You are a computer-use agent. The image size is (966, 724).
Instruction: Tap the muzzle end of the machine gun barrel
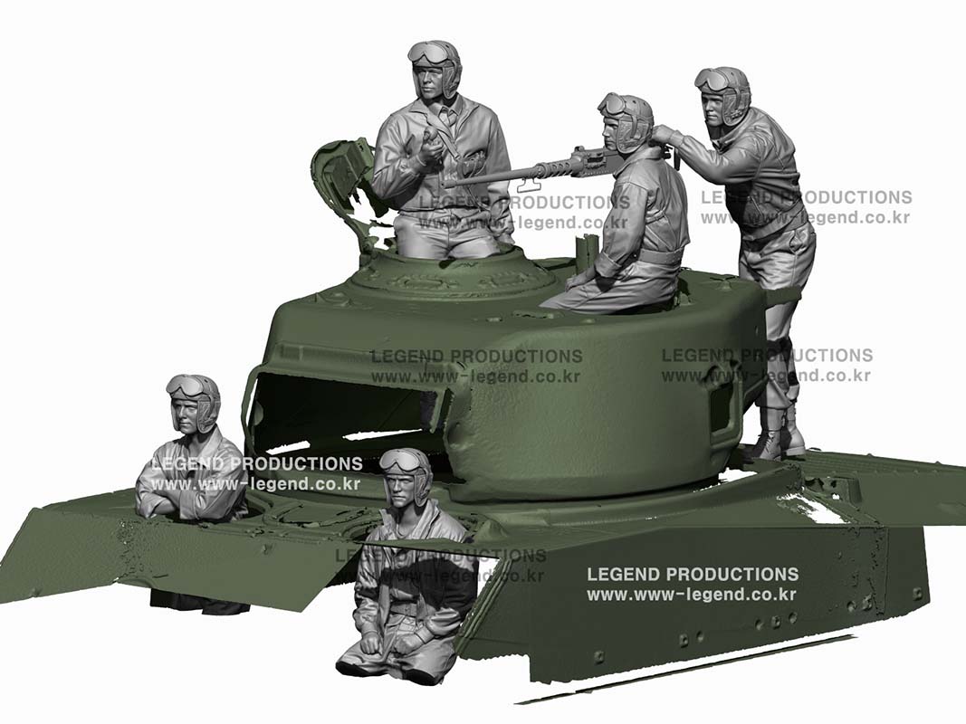pyautogui.click(x=450, y=182)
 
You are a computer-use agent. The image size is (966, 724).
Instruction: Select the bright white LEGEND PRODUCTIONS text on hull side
pyautogui.click(x=693, y=575)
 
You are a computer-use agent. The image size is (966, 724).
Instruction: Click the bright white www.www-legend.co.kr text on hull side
pyautogui.click(x=692, y=595)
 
